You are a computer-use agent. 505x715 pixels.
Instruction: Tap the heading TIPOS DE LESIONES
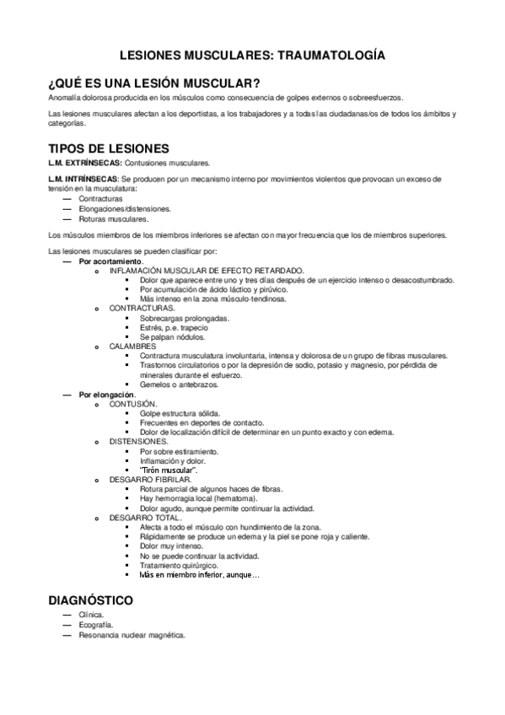click(x=110, y=148)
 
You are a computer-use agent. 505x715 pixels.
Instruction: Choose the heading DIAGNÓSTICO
click(x=91, y=601)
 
